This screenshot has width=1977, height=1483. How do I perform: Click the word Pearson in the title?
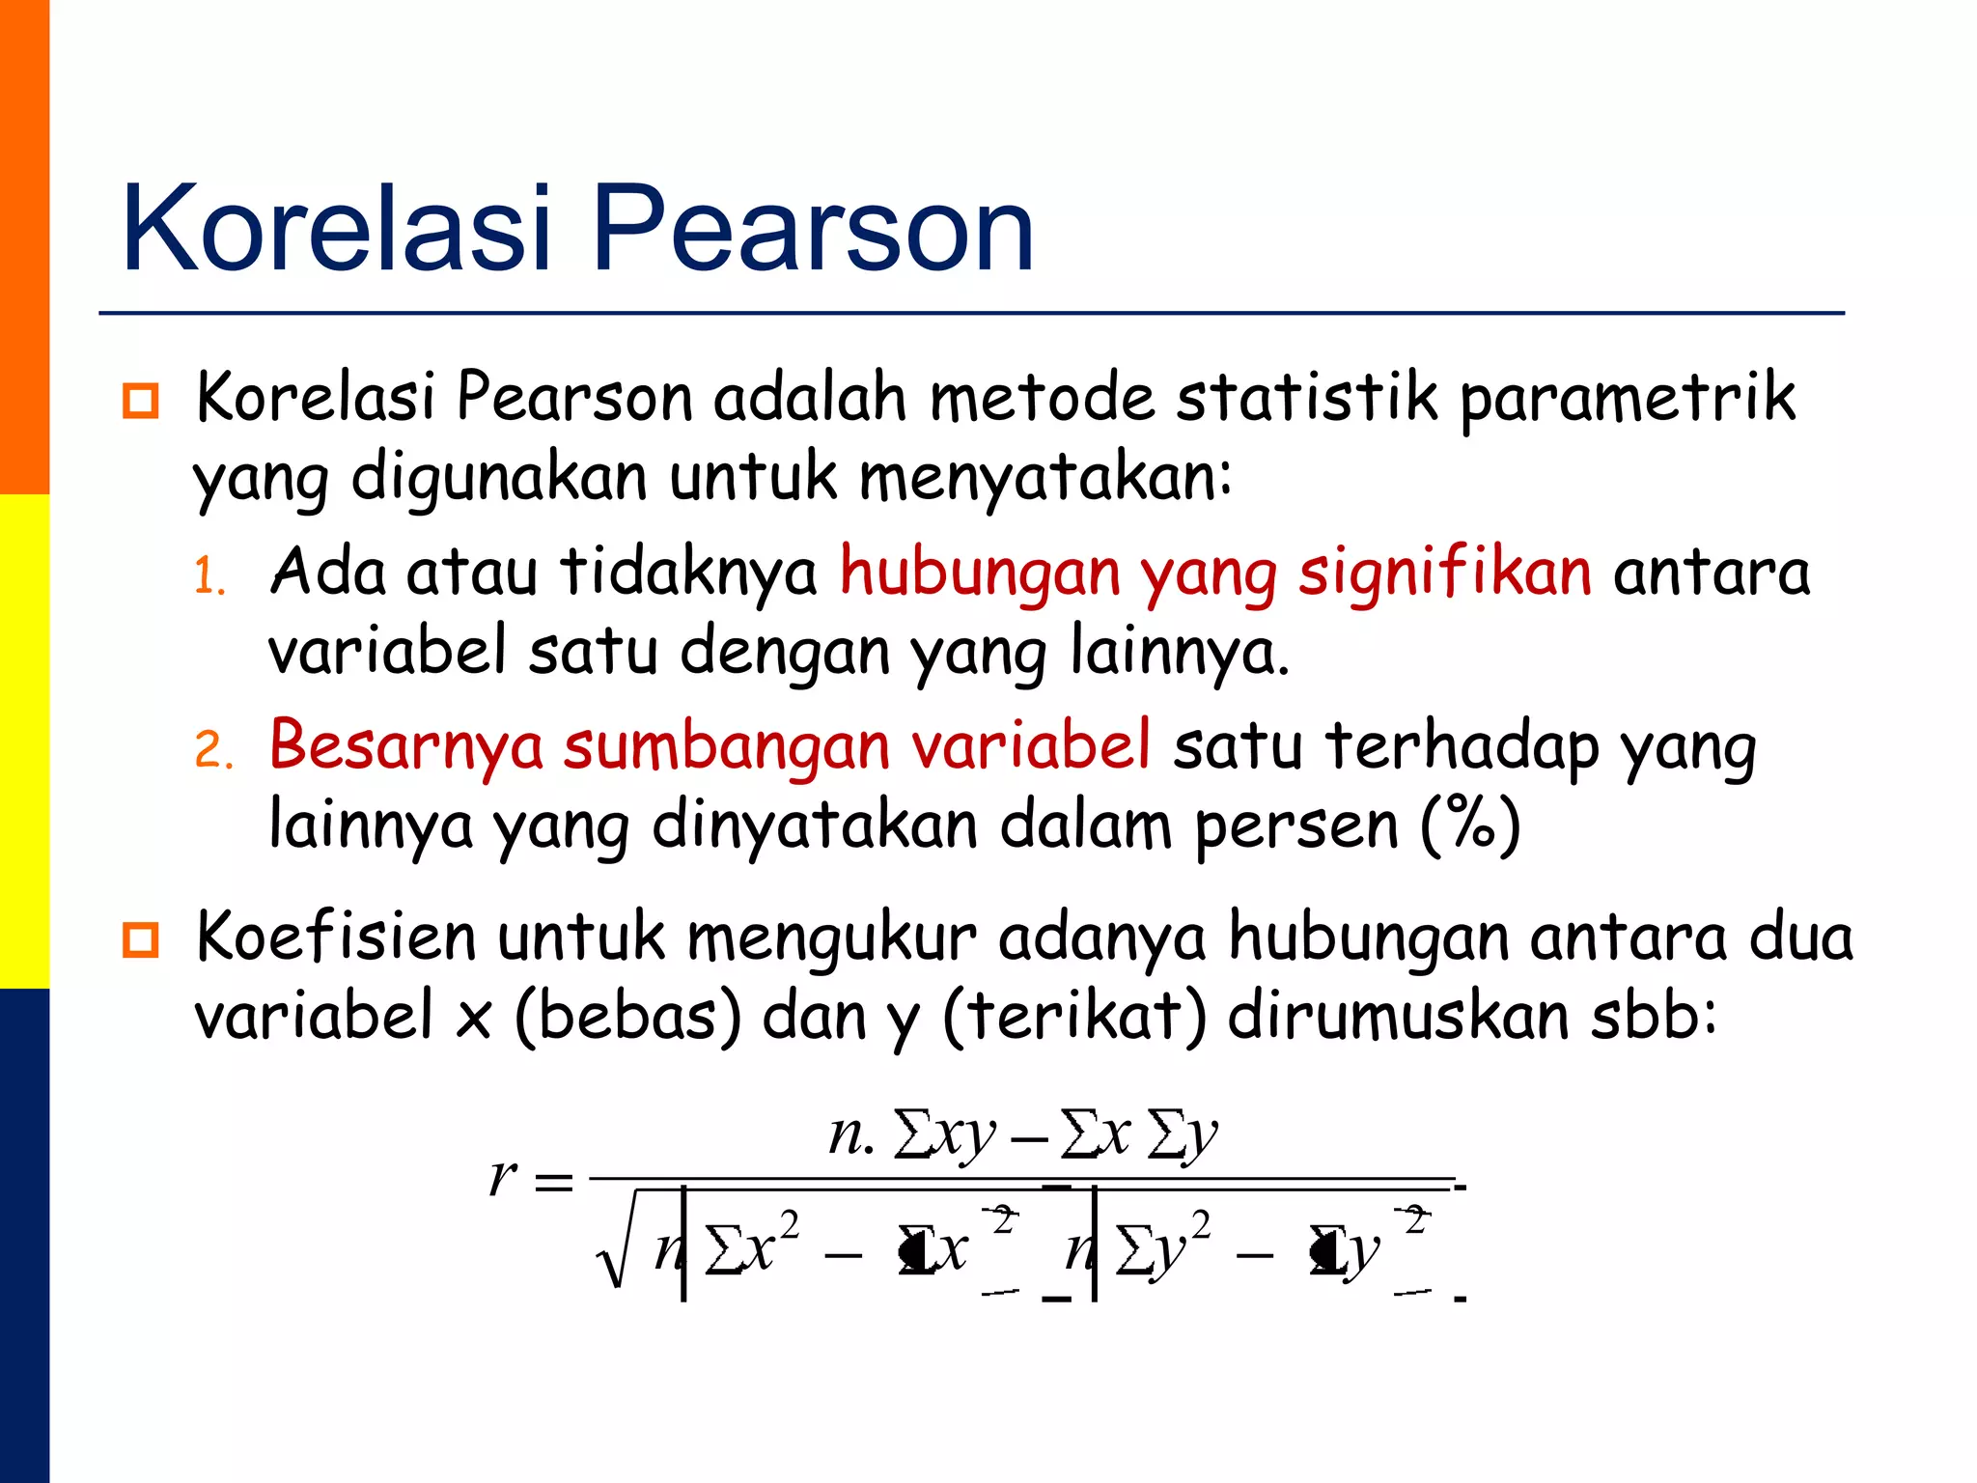(x=813, y=230)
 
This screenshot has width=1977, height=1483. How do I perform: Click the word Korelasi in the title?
(x=336, y=230)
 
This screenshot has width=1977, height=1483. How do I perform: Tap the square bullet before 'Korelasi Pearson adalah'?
(x=141, y=400)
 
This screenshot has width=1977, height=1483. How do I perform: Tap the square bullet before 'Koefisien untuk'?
(x=141, y=938)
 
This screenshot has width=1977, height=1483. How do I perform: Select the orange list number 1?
(x=209, y=577)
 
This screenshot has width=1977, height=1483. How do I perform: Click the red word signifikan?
(x=1444, y=572)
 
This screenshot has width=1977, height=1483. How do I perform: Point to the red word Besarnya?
(x=405, y=747)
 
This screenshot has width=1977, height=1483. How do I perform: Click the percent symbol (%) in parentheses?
(x=1470, y=825)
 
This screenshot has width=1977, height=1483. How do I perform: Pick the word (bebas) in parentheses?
(x=628, y=1018)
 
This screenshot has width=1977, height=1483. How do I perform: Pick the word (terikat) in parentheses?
(x=1073, y=1018)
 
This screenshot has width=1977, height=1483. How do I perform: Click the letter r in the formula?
(x=503, y=1176)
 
